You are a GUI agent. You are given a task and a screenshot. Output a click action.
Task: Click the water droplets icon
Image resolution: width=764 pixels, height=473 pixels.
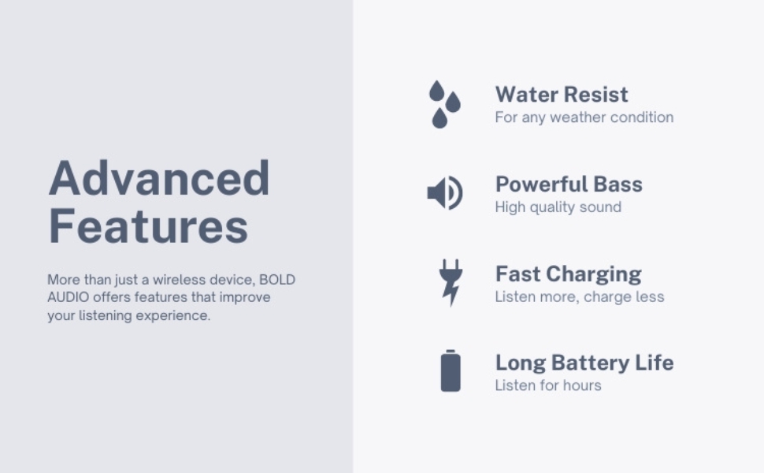coord(444,103)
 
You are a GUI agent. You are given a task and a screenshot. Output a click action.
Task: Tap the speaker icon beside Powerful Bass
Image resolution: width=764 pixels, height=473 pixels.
coord(444,193)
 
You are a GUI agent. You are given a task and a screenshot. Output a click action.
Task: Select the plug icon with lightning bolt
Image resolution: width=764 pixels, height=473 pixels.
coord(451,281)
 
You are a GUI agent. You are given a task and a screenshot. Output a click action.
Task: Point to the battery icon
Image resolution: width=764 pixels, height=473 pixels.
coord(451,371)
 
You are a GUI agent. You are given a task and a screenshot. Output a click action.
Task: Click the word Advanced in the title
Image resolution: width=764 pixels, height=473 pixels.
coord(159,178)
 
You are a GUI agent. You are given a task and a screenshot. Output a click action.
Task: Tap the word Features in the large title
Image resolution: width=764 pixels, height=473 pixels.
coord(148,225)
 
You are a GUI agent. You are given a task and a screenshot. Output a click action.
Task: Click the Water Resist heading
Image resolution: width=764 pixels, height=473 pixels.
coord(562,95)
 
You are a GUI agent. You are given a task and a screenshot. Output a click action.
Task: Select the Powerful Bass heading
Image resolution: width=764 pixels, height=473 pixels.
coord(569,184)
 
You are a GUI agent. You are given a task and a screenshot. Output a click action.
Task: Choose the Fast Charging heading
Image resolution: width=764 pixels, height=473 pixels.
coord(568,274)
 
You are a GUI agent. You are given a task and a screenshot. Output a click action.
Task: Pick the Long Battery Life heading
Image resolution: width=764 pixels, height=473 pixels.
coord(584,363)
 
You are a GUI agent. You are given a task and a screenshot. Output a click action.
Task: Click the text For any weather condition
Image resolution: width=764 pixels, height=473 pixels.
coord(584,117)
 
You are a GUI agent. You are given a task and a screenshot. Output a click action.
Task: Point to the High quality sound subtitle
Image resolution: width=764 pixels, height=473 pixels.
coord(558,207)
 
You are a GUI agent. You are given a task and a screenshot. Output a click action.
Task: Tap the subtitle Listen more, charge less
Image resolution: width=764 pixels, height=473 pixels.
coord(579,297)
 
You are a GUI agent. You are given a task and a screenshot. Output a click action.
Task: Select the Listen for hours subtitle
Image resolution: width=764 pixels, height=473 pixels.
coord(548,385)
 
